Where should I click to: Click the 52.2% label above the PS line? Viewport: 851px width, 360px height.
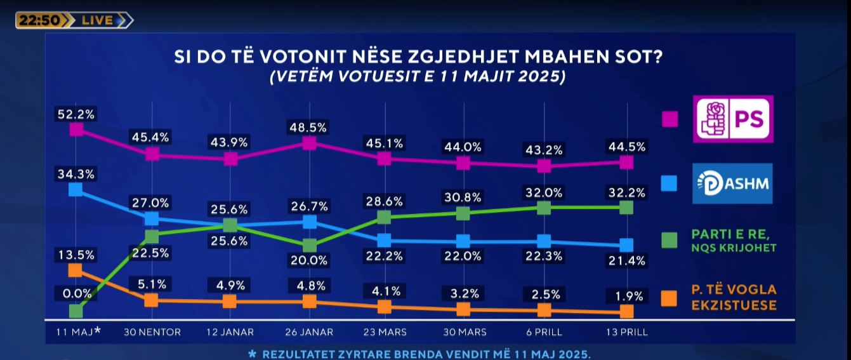click(76, 114)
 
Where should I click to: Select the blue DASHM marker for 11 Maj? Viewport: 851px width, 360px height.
click(76, 189)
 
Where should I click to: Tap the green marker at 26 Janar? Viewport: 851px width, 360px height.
click(310, 245)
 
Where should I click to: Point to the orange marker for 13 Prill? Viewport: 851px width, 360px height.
click(626, 311)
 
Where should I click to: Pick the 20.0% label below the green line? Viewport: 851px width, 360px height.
click(309, 260)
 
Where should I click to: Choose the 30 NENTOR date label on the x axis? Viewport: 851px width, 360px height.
click(152, 332)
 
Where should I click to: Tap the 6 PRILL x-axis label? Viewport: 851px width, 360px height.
click(543, 332)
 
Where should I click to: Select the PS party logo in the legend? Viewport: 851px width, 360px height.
click(734, 119)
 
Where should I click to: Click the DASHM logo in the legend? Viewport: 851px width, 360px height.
click(734, 183)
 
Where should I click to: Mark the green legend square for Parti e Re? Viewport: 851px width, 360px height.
click(669, 241)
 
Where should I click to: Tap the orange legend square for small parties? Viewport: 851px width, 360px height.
click(669, 298)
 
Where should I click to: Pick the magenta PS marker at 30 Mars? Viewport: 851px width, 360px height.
click(463, 163)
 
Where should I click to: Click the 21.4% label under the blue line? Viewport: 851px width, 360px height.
click(626, 260)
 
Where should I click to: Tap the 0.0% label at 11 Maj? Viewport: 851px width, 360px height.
click(76, 295)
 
